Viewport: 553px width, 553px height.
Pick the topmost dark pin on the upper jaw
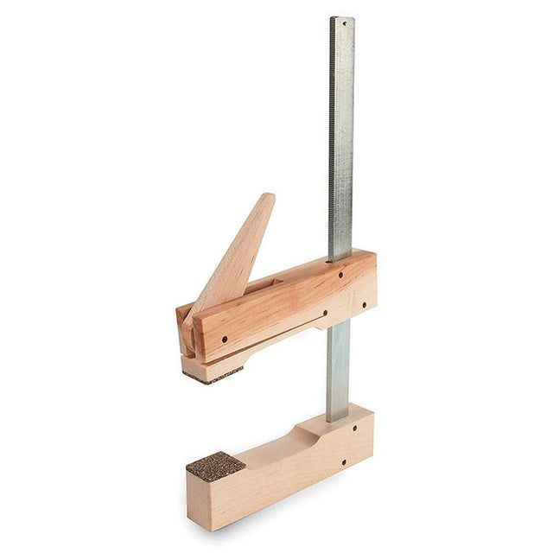click(340, 274)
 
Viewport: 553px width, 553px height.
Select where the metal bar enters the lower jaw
click(338, 417)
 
